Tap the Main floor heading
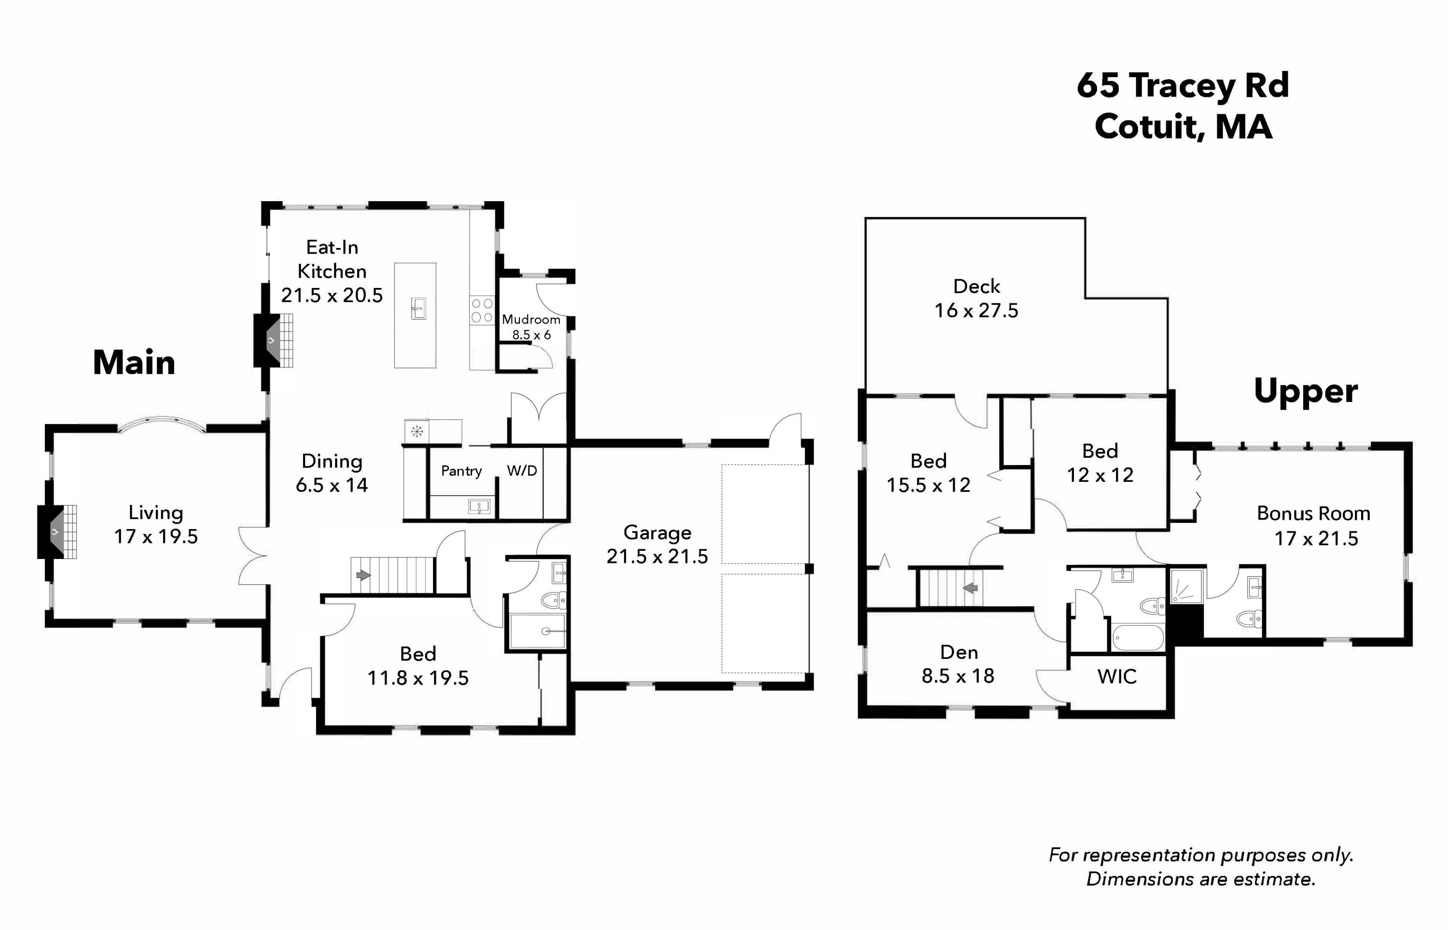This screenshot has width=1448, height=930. (x=134, y=363)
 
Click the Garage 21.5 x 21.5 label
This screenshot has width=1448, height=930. (x=657, y=544)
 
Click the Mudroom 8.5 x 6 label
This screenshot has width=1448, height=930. (x=531, y=326)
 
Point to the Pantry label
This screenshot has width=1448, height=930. (x=461, y=471)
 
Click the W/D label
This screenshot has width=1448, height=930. (x=522, y=470)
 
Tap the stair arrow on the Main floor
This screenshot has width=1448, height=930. (x=363, y=575)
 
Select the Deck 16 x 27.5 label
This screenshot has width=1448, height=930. (x=976, y=298)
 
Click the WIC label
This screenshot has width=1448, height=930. (x=1117, y=676)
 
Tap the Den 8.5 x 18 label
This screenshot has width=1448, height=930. (x=958, y=664)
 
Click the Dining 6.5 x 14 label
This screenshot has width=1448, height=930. (x=332, y=473)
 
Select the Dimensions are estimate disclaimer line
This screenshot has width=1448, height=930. (x=1200, y=879)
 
